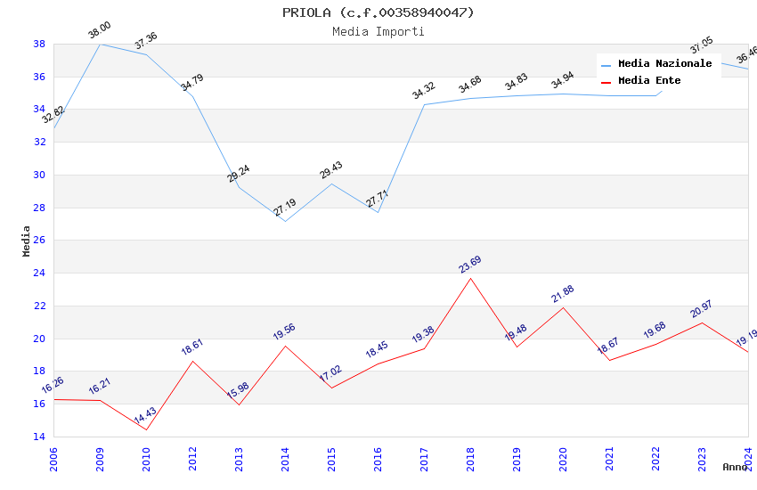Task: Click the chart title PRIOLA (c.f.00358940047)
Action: tap(378, 12)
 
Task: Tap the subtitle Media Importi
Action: tap(378, 31)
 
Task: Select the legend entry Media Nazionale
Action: tap(664, 64)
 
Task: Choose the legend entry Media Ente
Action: tap(649, 81)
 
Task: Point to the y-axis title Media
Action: tap(27, 241)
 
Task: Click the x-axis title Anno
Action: tap(735, 467)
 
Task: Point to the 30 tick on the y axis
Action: tap(39, 175)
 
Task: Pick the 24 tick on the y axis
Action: tap(39, 274)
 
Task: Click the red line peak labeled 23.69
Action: tap(470, 278)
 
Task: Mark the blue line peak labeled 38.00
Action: tap(100, 44)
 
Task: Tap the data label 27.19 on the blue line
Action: tap(285, 208)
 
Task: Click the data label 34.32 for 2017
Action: tap(423, 90)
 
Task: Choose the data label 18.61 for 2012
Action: tap(192, 347)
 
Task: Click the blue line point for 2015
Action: tap(331, 184)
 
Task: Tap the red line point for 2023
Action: tap(702, 323)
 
